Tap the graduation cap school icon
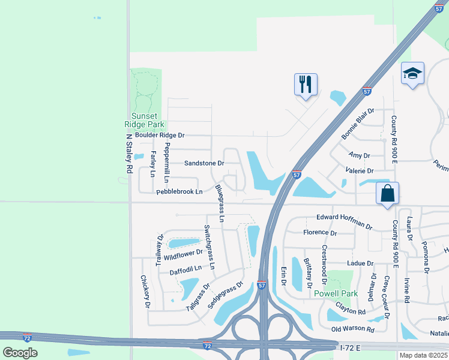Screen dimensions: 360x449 tap(412, 73)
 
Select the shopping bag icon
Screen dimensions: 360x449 tap(388, 193)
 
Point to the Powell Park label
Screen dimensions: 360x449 tap(336, 293)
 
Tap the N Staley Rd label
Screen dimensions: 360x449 tap(128, 154)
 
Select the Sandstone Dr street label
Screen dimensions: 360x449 tap(204, 163)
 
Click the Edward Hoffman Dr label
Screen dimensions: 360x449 tap(345, 221)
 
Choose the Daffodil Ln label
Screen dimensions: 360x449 tap(185, 272)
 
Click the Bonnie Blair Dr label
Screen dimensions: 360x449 tap(358, 124)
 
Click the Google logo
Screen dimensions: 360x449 tap(20, 352)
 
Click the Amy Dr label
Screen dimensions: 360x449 tap(359, 155)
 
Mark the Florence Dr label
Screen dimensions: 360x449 tap(320, 232)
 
